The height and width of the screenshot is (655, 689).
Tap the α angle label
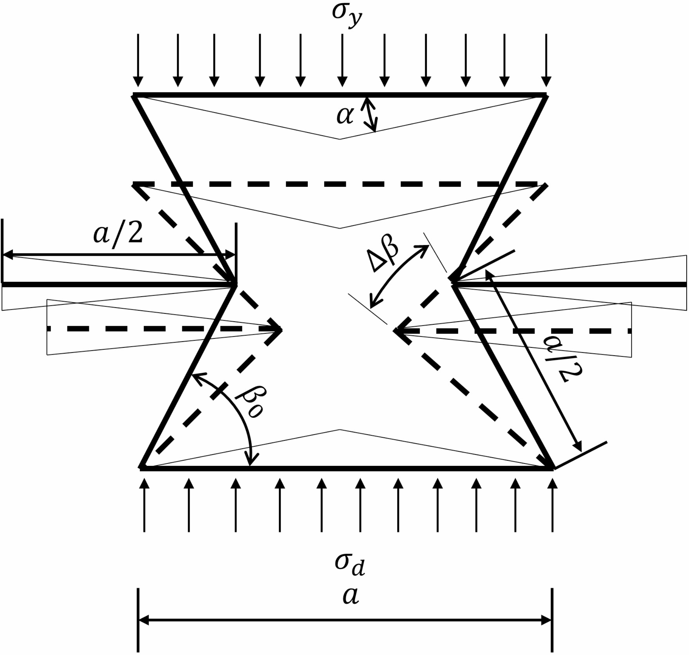(345, 116)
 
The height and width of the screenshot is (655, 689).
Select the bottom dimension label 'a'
(350, 596)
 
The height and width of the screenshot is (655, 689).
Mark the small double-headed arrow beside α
(370, 114)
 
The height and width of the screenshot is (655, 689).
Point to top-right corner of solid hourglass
(545, 95)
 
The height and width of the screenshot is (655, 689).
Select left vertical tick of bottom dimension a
(138, 620)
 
